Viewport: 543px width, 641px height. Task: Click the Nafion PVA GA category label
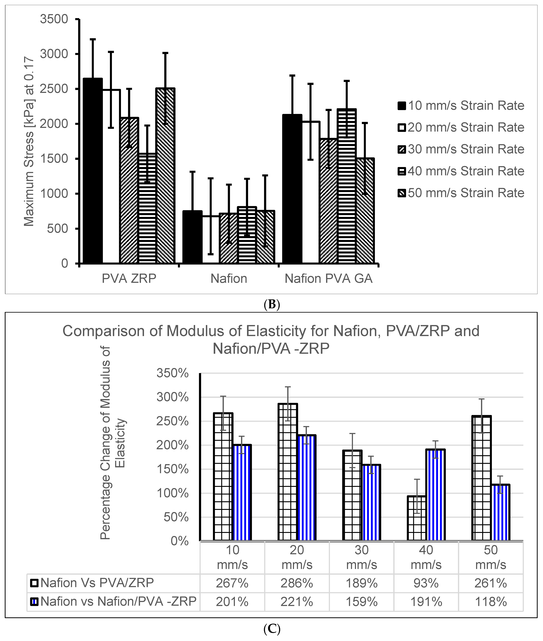pyautogui.click(x=328, y=279)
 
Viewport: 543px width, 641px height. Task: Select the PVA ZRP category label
pyautogui.click(x=129, y=279)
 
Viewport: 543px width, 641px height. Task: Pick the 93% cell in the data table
pyautogui.click(x=426, y=583)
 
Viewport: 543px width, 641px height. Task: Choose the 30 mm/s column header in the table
pyautogui.click(x=361, y=558)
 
